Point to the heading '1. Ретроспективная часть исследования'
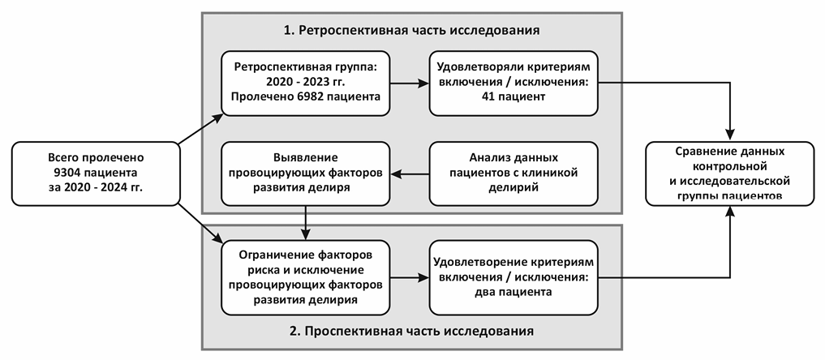(x=411, y=31)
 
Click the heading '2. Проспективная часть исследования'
(x=411, y=332)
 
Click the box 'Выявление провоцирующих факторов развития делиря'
(x=306, y=172)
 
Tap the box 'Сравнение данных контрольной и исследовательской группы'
(x=730, y=173)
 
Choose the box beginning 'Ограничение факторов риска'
(x=306, y=277)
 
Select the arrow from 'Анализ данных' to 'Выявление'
(x=410, y=173)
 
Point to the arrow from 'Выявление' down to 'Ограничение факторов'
(x=306, y=221)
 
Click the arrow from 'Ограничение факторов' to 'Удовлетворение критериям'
(x=410, y=277)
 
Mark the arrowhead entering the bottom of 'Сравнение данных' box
(x=732, y=209)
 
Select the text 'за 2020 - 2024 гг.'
(x=95, y=188)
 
